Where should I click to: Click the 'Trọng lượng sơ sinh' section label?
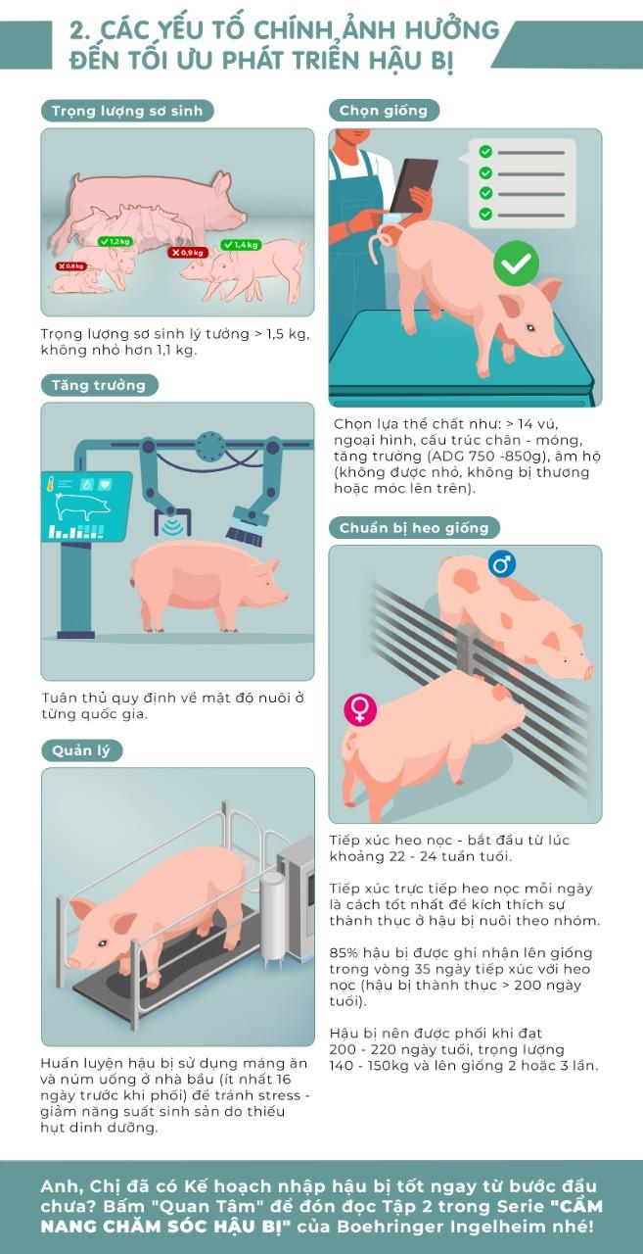(x=127, y=111)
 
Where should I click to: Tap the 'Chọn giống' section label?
(x=384, y=111)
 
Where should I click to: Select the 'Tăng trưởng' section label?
(x=99, y=385)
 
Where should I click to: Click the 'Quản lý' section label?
(x=81, y=750)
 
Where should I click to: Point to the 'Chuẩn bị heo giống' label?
(x=414, y=528)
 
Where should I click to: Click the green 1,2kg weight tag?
(x=115, y=241)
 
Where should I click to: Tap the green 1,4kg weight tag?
(x=241, y=245)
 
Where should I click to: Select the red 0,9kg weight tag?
(x=189, y=253)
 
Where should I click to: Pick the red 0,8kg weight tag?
(x=71, y=265)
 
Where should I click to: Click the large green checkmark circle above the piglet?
(x=516, y=264)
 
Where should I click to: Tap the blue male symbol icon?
(x=501, y=563)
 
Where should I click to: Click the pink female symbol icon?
(x=360, y=709)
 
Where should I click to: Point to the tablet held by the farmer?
(x=413, y=185)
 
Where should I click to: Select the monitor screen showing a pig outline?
(x=86, y=506)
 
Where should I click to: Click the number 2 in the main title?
(x=80, y=30)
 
